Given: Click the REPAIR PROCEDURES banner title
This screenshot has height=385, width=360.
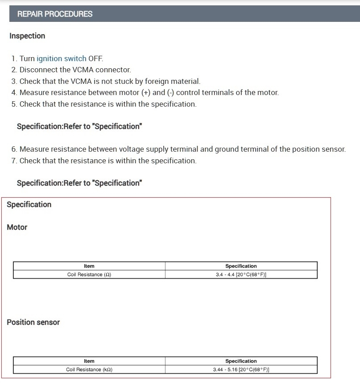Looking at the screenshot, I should click(55, 14).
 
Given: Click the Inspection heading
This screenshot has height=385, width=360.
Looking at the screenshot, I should click(27, 36).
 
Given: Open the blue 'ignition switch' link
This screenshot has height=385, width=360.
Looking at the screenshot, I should click(61, 58).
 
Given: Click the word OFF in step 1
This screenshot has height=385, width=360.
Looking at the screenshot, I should click(95, 58).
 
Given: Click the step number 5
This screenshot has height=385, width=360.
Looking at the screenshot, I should click(14, 104).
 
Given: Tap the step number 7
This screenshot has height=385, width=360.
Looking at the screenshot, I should click(14, 161).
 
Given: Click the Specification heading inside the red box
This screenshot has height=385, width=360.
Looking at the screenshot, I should click(29, 204).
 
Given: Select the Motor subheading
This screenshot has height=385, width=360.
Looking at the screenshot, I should click(17, 227).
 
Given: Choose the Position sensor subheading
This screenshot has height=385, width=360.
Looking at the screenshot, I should click(33, 322).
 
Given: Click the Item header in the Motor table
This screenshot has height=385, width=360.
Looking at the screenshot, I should click(89, 266).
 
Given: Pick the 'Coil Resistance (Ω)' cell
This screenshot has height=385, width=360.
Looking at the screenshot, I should click(89, 274).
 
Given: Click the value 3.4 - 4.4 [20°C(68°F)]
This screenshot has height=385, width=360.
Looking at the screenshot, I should click(241, 274).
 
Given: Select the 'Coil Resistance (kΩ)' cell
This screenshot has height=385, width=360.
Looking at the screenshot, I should click(89, 369).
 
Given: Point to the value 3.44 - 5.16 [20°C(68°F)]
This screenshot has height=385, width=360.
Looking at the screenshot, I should click(241, 369).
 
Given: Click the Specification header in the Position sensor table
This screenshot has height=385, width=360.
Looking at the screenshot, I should click(241, 361).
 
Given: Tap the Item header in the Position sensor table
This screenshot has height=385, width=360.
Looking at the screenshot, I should click(89, 361).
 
